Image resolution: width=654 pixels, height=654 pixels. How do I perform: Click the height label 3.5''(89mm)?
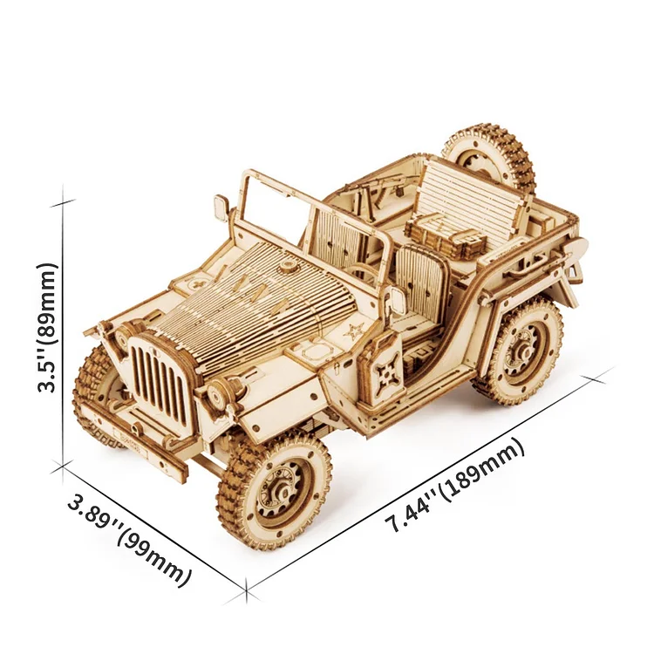(x=47, y=328)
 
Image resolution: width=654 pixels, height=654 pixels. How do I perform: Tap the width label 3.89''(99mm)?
(x=130, y=539)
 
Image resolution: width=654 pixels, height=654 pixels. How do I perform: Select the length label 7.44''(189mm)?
(x=454, y=484)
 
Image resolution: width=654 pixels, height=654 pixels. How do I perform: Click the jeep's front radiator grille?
(x=160, y=378)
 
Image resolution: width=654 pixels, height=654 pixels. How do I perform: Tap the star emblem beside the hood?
(x=353, y=331)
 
